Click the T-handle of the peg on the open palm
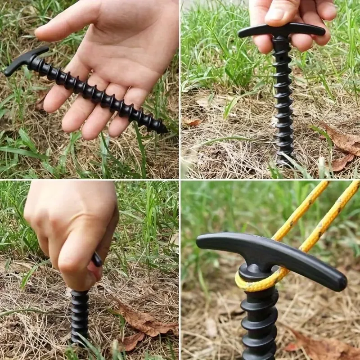pos(25,61)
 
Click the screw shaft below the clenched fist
pos(80,315)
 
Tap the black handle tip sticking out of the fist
pos(97,259)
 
